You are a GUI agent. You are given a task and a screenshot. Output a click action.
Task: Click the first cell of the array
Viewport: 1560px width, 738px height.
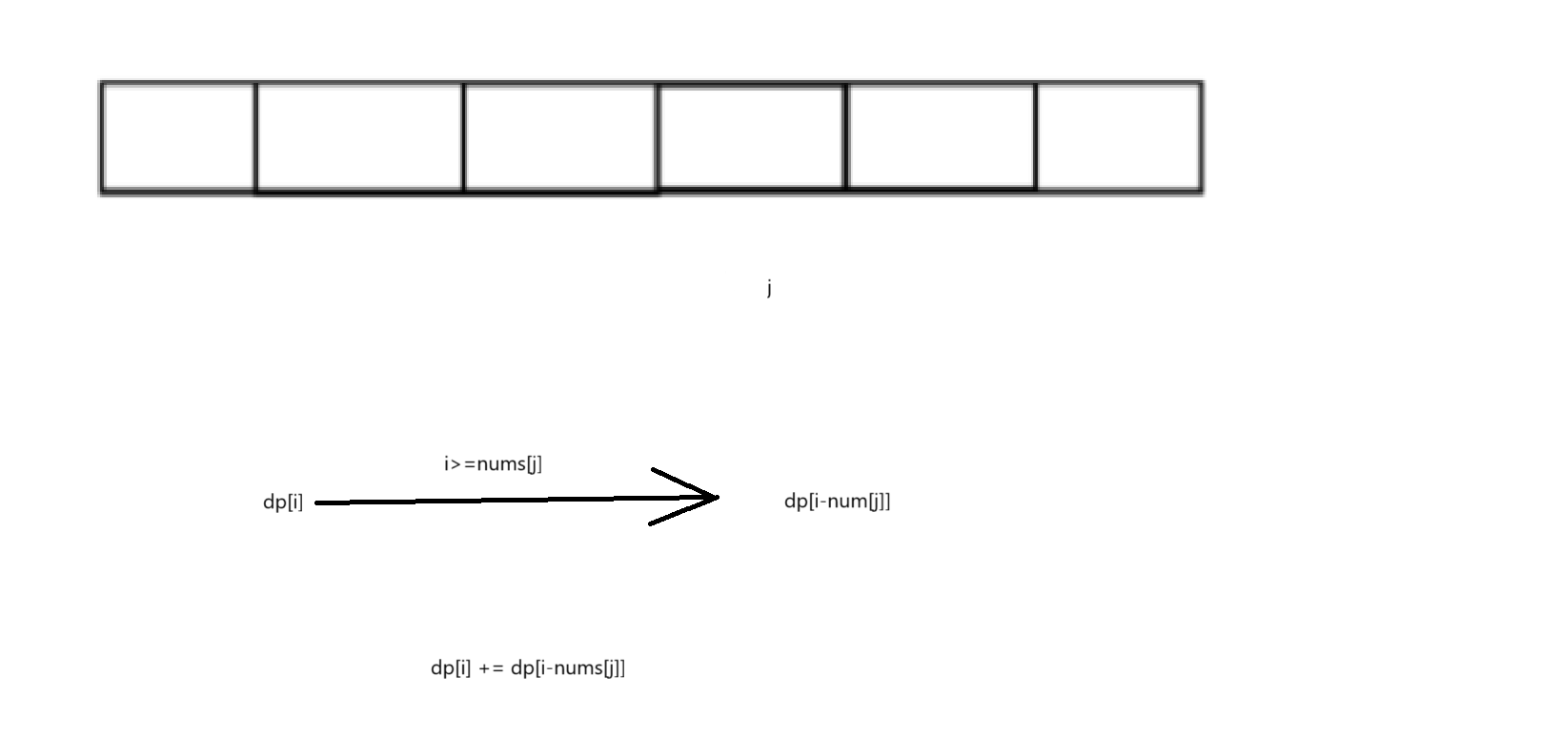[x=178, y=136]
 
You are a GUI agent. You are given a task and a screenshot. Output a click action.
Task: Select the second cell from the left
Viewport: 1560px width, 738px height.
[x=360, y=136]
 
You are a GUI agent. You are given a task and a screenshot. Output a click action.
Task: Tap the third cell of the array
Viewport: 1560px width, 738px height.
[x=560, y=136]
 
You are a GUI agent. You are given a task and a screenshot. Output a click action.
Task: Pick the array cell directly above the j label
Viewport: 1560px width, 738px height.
[x=751, y=136]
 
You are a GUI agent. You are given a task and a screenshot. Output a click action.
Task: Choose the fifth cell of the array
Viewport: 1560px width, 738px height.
[x=941, y=136]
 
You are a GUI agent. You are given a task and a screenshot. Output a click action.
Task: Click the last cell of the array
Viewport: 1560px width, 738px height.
[x=1119, y=136]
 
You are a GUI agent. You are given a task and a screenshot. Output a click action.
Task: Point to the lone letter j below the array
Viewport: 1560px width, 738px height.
[x=768, y=287]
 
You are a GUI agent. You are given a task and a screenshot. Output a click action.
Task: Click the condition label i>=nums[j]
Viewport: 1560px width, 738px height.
[x=493, y=464]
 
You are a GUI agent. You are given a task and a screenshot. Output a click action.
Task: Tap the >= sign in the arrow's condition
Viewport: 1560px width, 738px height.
[x=463, y=464]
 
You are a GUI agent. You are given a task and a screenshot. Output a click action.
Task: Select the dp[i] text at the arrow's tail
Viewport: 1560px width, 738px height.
[x=283, y=502]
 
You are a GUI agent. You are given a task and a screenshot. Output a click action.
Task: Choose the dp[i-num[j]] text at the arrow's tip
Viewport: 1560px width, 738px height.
[x=837, y=501]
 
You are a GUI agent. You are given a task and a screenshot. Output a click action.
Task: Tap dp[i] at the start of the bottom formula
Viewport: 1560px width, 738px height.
[x=451, y=667]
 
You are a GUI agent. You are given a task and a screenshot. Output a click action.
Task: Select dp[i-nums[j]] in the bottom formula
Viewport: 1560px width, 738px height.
[x=568, y=667]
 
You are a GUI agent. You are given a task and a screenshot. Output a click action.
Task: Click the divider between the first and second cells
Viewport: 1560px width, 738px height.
[x=256, y=136]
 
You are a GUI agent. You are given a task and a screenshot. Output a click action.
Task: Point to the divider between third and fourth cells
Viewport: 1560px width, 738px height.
[x=657, y=136]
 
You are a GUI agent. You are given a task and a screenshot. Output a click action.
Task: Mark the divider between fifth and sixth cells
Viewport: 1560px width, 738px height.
[x=1036, y=136]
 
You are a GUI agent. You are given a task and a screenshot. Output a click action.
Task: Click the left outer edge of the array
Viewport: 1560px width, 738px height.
[x=101, y=136]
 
